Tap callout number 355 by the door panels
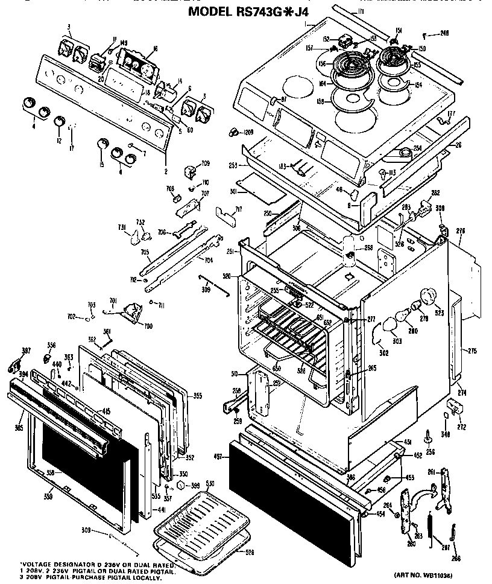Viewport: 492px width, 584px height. tap(197, 396)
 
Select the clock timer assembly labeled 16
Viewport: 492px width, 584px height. tap(136, 63)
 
